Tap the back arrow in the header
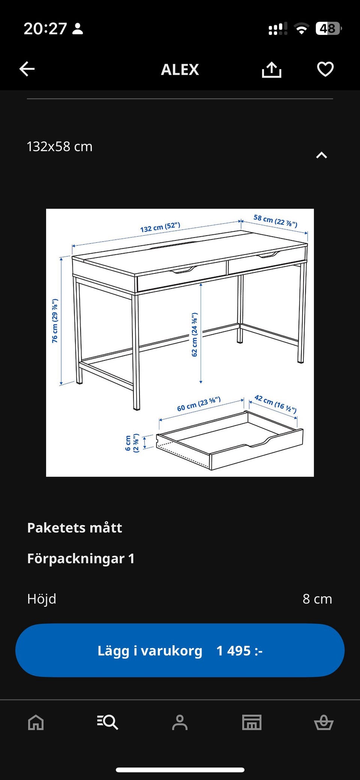click(27, 69)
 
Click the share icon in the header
click(271, 69)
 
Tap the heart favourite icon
click(325, 69)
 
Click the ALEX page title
click(180, 69)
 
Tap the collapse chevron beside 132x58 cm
click(321, 155)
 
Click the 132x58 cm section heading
click(60, 146)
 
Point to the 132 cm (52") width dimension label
click(160, 227)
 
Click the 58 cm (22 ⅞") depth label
click(275, 221)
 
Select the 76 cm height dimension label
click(55, 321)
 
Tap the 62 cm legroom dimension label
click(194, 334)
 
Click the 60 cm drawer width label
click(198, 404)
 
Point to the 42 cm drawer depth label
click(275, 404)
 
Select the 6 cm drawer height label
click(132, 443)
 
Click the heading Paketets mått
click(75, 528)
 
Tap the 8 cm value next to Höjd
click(317, 599)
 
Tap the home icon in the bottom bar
click(36, 722)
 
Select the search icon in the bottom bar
click(108, 722)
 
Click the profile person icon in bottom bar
click(180, 722)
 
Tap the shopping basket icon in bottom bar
click(324, 722)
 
